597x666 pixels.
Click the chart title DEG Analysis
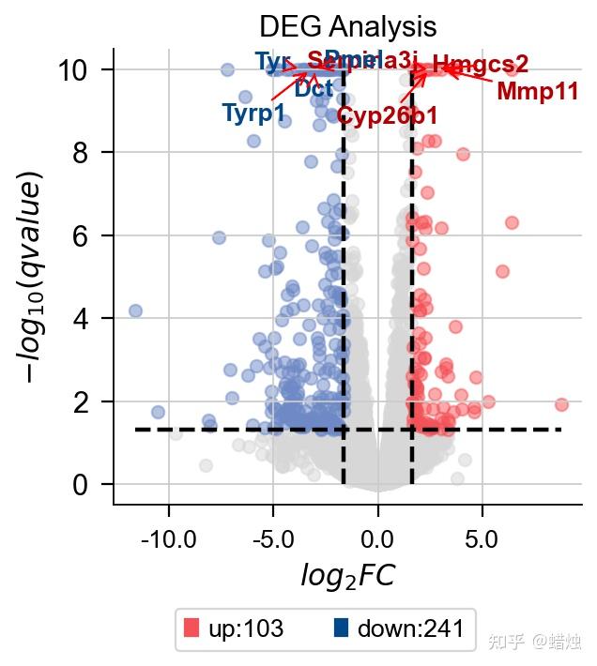click(x=348, y=24)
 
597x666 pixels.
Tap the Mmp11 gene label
click(x=537, y=92)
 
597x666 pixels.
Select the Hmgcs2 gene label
click(x=481, y=65)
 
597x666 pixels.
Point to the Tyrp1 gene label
click(x=253, y=114)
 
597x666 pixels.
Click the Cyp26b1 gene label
click(x=387, y=116)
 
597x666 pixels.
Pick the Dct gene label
click(x=314, y=90)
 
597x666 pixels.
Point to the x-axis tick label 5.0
click(x=482, y=540)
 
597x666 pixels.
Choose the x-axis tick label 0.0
click(x=378, y=540)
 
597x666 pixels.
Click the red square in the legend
click(x=192, y=628)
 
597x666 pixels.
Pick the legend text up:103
click(x=246, y=629)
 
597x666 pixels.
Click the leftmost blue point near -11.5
click(x=135, y=310)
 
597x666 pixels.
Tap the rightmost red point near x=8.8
click(x=561, y=404)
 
